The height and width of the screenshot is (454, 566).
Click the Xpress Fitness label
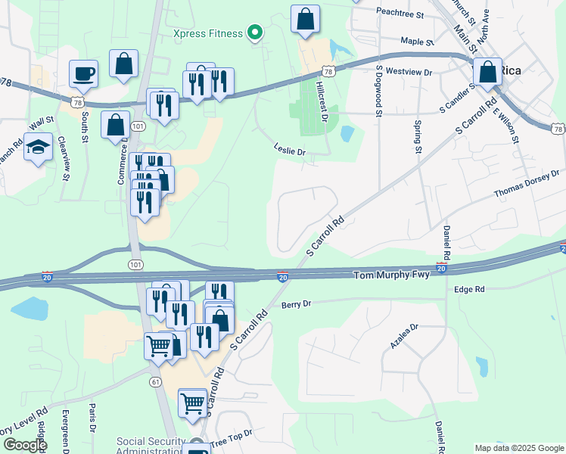point(207,33)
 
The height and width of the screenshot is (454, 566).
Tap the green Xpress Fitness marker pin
point(255,33)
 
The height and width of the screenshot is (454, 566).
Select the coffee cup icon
point(83,74)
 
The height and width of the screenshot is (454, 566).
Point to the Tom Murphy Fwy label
point(392,275)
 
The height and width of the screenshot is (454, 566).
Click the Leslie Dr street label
point(289,151)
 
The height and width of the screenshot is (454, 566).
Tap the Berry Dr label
point(296,304)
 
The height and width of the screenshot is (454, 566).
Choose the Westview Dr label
point(408,73)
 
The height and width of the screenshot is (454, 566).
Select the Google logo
point(24,445)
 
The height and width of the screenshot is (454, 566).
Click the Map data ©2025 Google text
point(518,448)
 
